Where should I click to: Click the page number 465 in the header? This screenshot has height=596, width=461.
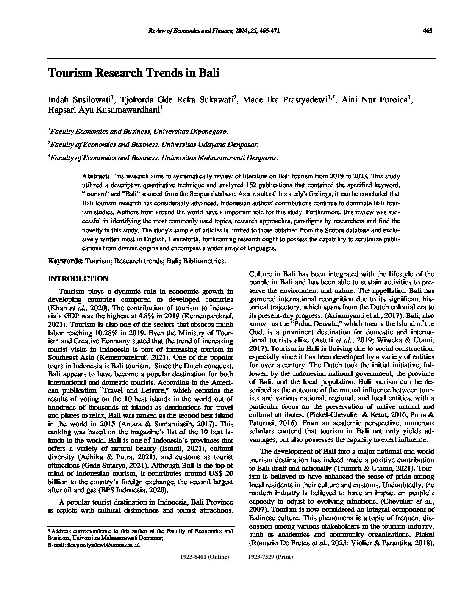click(x=427, y=30)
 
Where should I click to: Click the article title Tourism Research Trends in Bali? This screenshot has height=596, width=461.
click(x=133, y=73)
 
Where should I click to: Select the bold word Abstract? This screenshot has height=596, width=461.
click(x=96, y=175)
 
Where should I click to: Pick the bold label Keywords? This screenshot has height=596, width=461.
click(x=66, y=261)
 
